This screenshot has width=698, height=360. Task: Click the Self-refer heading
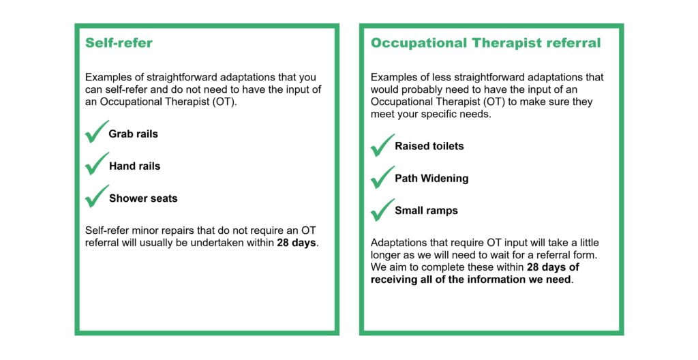point(119,43)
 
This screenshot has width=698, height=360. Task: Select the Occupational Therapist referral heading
point(485,43)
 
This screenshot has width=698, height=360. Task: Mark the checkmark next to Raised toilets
point(382,146)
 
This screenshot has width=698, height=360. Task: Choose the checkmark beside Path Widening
point(382,178)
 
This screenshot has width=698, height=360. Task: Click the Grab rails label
point(133,134)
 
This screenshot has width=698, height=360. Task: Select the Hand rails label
point(134,166)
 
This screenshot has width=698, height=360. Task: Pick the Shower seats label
point(143,198)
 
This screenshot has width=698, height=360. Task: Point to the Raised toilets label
point(429,146)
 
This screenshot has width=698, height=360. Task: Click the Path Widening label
point(431,178)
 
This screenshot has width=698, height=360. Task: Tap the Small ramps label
point(427,211)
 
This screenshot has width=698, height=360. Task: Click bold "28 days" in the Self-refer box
point(296,243)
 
